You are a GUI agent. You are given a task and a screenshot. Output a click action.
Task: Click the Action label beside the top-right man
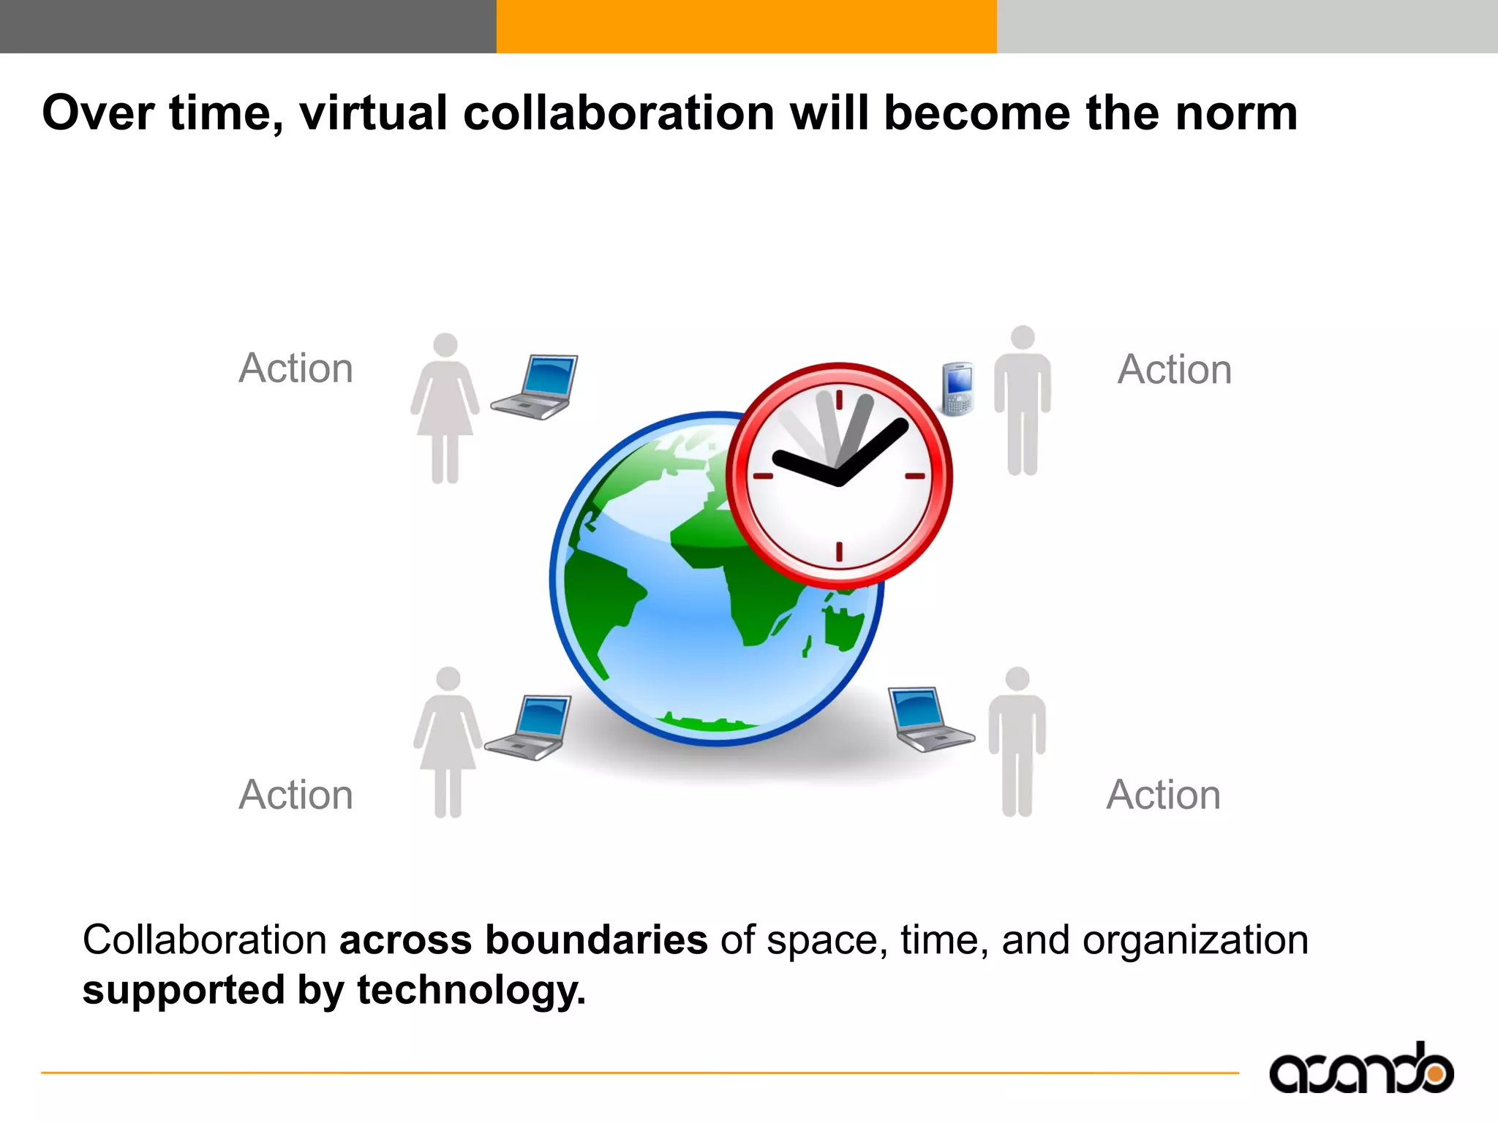[1175, 369]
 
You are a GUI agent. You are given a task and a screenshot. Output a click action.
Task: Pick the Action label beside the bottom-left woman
[296, 795]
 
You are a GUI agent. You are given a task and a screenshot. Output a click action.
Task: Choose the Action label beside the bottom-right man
[1163, 795]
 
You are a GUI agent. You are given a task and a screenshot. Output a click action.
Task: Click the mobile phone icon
[957, 388]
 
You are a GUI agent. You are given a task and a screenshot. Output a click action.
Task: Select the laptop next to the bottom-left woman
[530, 727]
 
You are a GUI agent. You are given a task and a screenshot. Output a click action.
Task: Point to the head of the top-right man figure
[1022, 338]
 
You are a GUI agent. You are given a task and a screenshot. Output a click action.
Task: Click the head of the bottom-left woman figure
[448, 678]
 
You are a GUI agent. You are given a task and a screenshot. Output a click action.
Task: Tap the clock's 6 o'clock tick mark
[839, 551]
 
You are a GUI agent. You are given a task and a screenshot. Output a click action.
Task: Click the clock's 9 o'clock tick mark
[763, 476]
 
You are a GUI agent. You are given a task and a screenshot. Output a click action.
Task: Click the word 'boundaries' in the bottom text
[596, 940]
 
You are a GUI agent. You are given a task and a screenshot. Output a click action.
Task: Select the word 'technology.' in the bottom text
[471, 990]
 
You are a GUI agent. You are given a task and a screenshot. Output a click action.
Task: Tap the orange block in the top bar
[746, 26]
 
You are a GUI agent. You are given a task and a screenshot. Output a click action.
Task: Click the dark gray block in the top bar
[248, 26]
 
